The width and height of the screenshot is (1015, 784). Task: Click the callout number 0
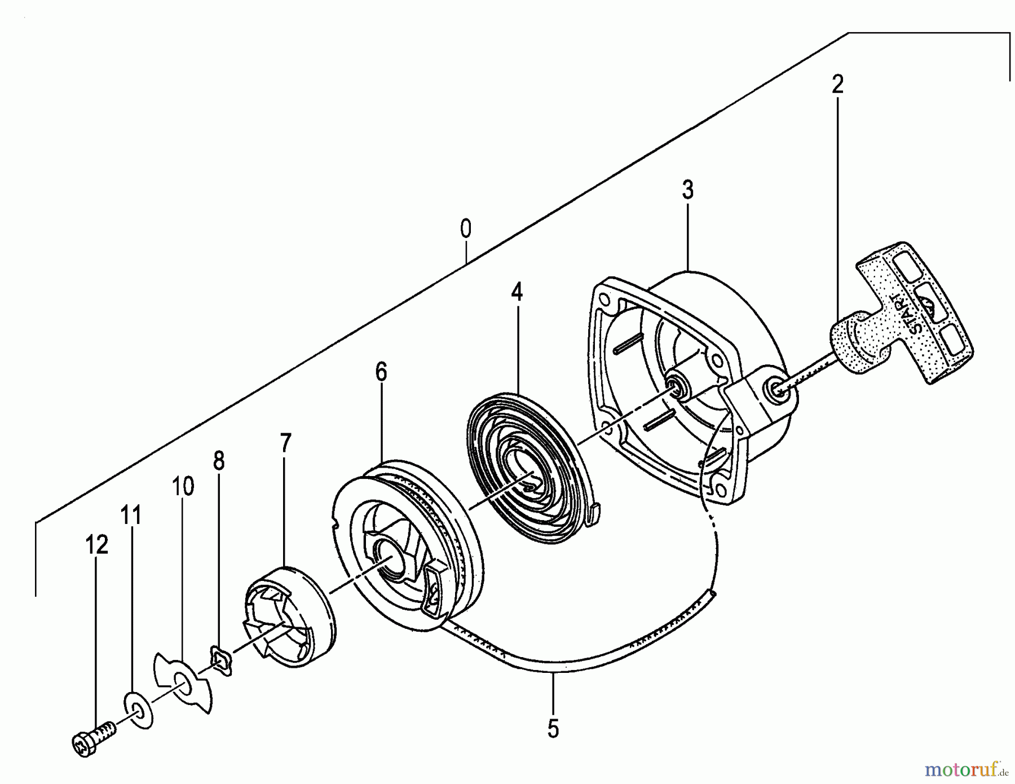tap(465, 230)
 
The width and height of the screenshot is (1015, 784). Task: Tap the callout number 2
tap(837, 85)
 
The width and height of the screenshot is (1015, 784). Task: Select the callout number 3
tap(687, 190)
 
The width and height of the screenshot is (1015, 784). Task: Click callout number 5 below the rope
tap(553, 728)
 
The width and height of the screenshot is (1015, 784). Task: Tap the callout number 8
tap(219, 461)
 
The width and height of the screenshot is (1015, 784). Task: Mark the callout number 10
tap(183, 486)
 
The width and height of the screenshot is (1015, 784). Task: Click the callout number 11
tap(130, 516)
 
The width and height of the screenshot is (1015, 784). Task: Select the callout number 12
tap(96, 545)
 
